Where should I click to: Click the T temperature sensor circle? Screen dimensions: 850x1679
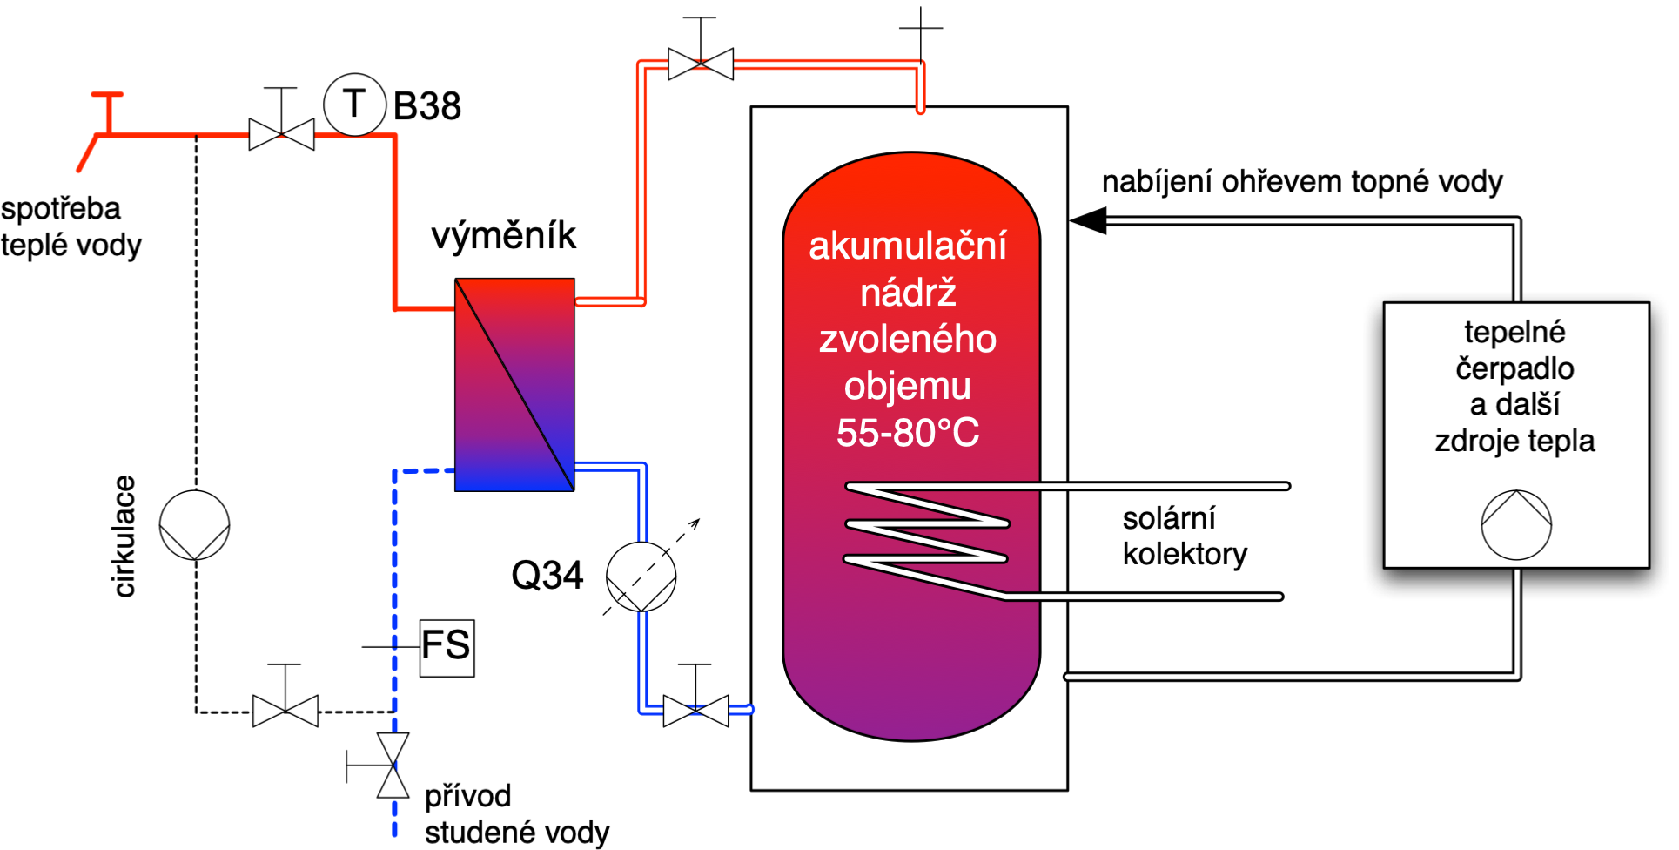pyautogui.click(x=354, y=105)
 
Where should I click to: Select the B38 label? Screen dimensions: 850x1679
pyautogui.click(x=426, y=106)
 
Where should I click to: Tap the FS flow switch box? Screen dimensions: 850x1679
pyautogui.click(x=447, y=647)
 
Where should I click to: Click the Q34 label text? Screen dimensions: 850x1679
pyautogui.click(x=547, y=576)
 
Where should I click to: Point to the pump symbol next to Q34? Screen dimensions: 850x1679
pyautogui.click(x=641, y=577)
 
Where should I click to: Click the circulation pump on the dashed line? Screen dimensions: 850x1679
pyautogui.click(x=194, y=524)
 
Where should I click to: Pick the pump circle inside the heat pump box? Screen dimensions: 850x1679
pyautogui.click(x=1516, y=524)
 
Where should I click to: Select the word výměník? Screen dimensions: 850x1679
pyautogui.click(x=503, y=235)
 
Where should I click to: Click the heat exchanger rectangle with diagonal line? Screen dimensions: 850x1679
pyautogui.click(x=514, y=384)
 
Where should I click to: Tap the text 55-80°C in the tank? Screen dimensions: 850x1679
pyautogui.click(x=908, y=433)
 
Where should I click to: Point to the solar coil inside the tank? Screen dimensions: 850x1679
pyautogui.click(x=927, y=540)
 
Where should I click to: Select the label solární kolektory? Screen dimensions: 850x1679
pyautogui.click(x=1184, y=536)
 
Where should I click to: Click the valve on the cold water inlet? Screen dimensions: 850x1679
pyautogui.click(x=393, y=766)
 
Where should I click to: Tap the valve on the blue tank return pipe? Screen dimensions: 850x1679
pyautogui.click(x=695, y=711)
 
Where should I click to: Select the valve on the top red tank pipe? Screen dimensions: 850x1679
pyautogui.click(x=701, y=64)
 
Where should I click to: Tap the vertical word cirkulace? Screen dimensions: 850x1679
pyautogui.click(x=124, y=536)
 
